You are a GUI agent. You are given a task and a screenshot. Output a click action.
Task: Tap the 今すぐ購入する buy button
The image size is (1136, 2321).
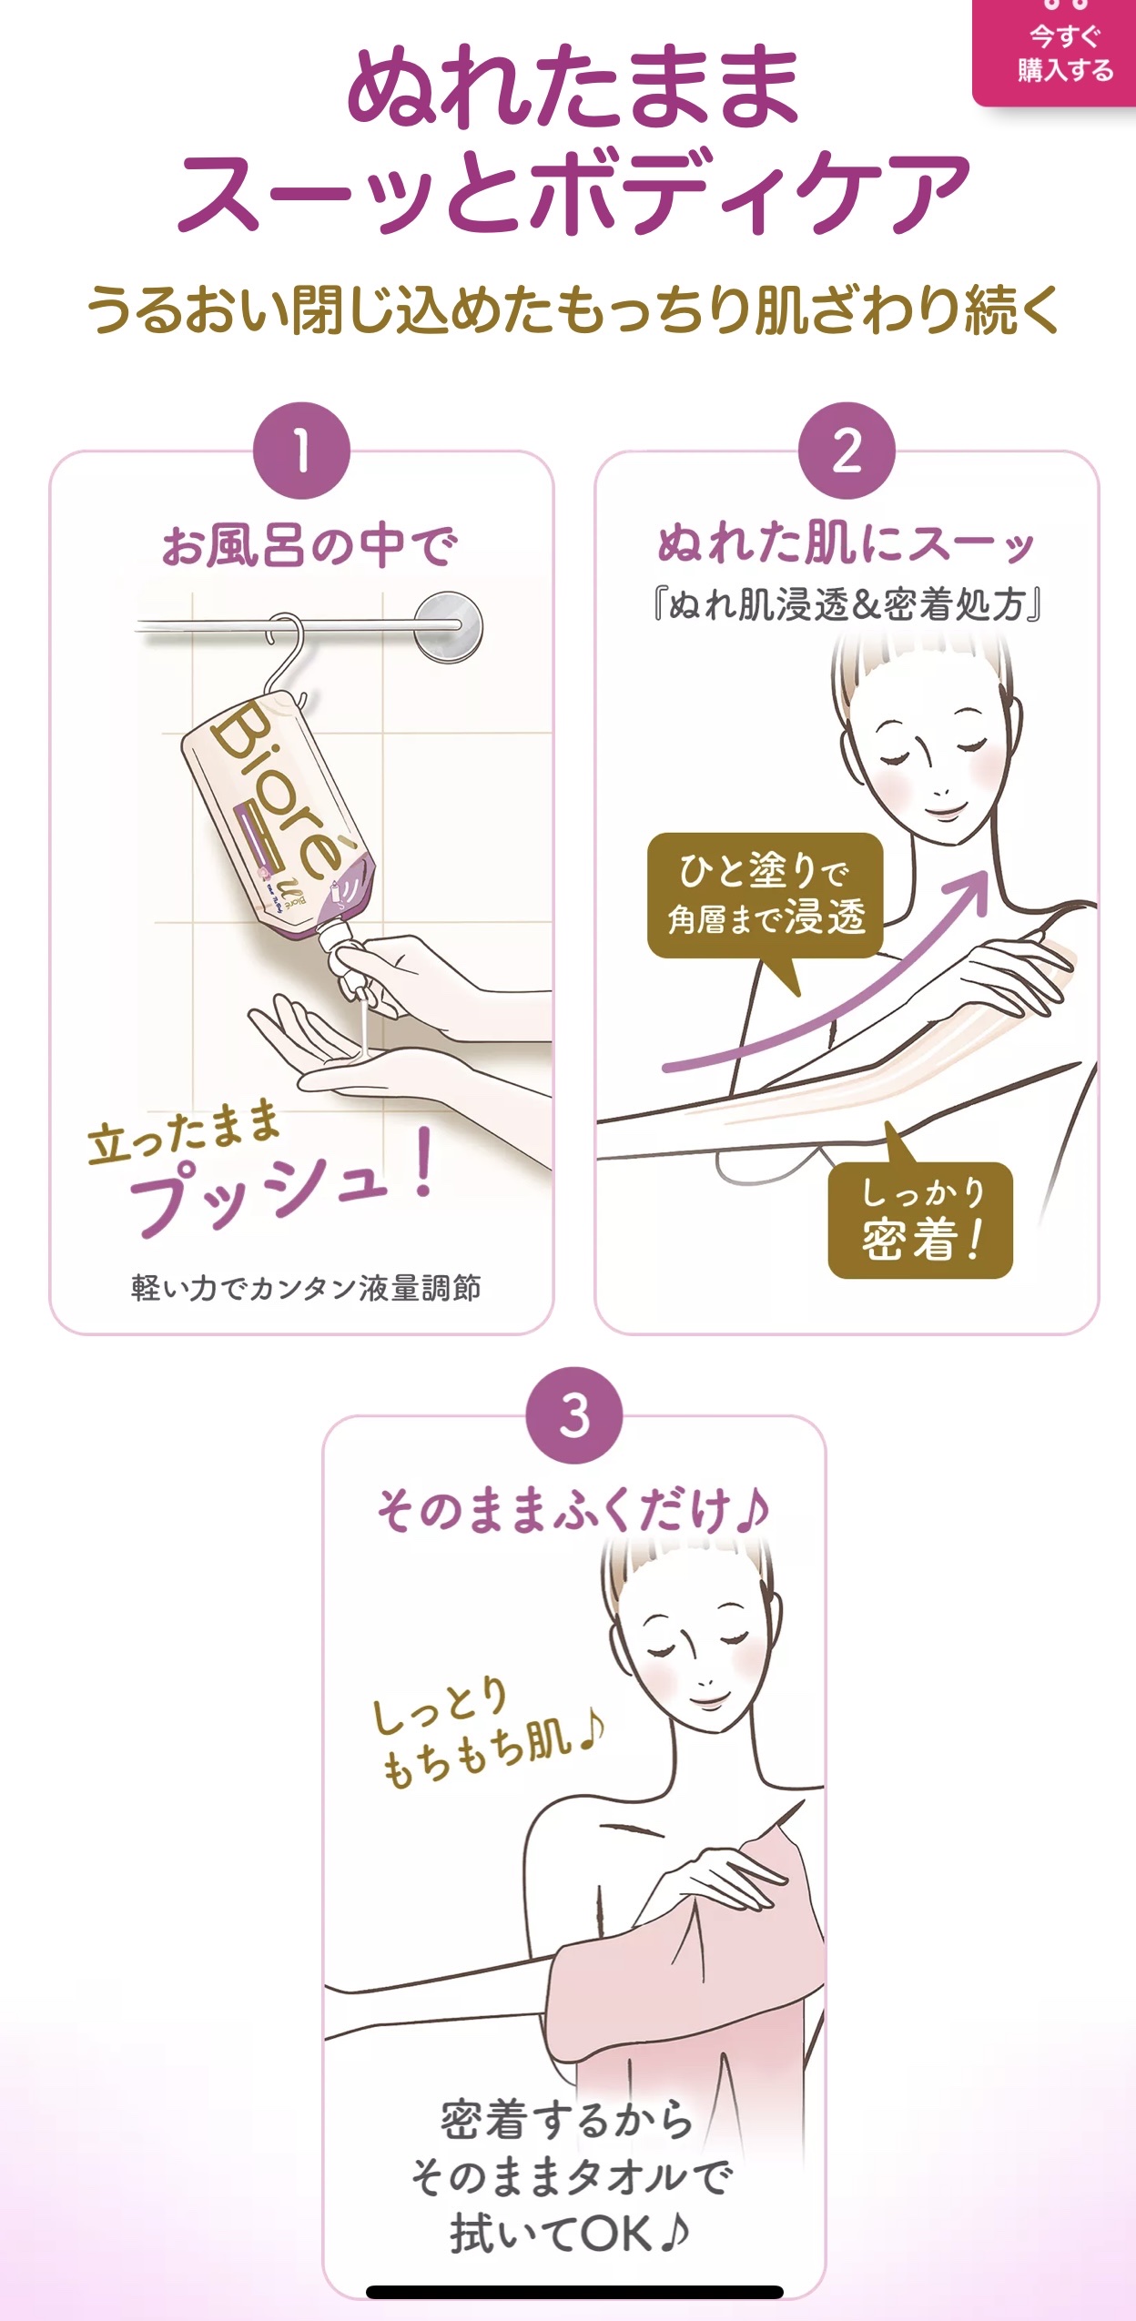coord(1055,53)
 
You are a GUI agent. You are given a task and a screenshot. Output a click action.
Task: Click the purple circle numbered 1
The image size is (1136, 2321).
coord(301,451)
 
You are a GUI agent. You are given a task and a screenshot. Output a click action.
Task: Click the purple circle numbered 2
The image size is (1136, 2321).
coord(847,451)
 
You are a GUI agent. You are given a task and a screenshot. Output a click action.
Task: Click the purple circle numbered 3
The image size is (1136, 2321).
coord(574,1415)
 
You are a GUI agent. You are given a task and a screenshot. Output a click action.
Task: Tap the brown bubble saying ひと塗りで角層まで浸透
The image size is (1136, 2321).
coord(766,896)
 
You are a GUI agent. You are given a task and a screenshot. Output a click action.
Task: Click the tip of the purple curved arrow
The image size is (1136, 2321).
coord(987,873)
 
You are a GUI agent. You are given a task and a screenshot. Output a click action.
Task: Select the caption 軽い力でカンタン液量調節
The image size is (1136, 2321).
coord(306,1288)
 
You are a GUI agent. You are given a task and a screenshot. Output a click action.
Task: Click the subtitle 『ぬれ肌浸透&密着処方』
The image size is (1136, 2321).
coord(847,604)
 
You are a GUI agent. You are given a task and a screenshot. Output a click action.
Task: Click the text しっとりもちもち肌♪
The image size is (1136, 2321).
coord(487,1734)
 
